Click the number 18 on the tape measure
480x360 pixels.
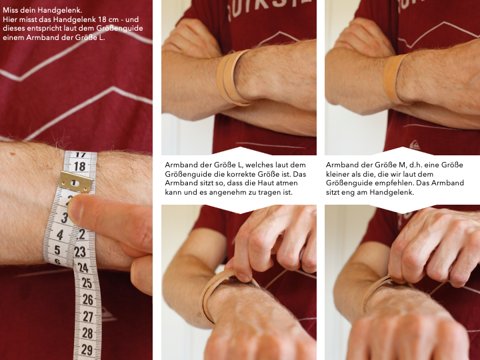pos(80,166)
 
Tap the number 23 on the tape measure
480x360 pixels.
pos(80,251)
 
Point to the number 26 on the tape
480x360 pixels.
pos(87,299)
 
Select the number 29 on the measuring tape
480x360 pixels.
pos(87,349)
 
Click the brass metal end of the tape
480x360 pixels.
pos(75,182)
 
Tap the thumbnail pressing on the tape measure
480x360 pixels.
pos(75,210)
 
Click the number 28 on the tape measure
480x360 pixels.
pos(87,333)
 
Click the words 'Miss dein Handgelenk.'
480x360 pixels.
pos(43,10)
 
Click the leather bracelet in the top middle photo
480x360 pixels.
pos(233,78)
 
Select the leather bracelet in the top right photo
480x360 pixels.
pos(395,79)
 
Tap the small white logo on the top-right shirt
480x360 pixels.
pos(415,145)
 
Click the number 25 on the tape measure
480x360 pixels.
pos(87,283)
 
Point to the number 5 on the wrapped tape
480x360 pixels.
pos(57,250)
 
